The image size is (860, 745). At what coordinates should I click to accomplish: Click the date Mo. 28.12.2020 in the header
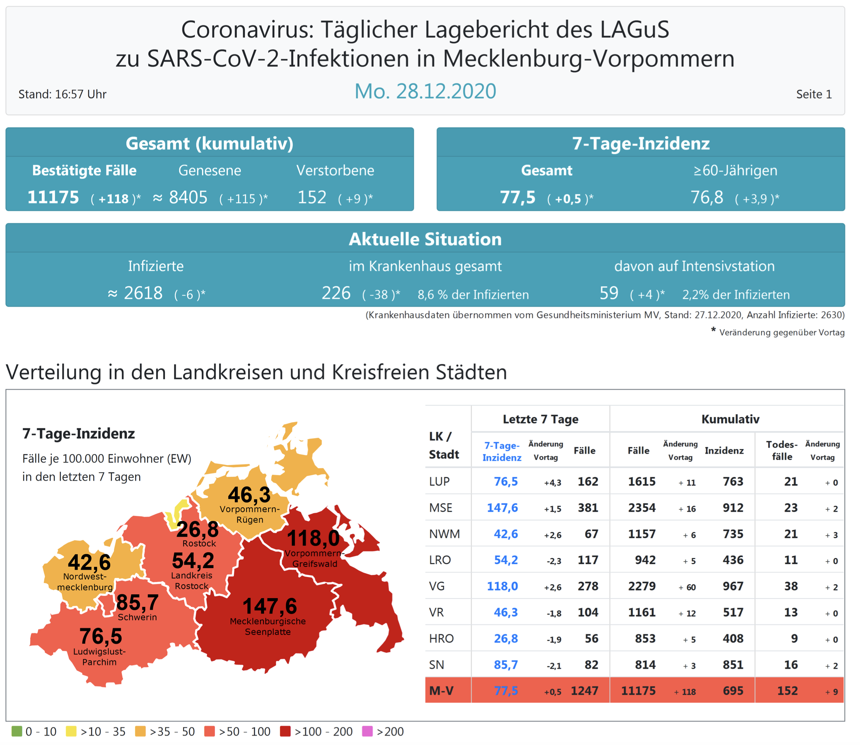tap(425, 91)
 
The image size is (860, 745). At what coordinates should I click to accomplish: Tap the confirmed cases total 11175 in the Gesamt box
tap(53, 197)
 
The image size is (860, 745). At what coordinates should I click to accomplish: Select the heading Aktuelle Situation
tap(425, 240)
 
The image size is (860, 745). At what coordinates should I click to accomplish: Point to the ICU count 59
tap(609, 293)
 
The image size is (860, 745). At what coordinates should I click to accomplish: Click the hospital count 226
tap(336, 293)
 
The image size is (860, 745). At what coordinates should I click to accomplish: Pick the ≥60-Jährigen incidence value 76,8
tap(707, 197)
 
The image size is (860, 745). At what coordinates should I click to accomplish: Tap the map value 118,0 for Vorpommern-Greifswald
tap(313, 538)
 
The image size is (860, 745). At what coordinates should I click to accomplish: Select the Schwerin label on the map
tap(137, 617)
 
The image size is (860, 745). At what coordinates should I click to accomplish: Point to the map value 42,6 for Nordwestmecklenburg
tap(89, 563)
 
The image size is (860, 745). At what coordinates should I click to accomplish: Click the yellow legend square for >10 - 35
tap(71, 731)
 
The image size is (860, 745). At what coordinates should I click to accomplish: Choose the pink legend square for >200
tap(367, 731)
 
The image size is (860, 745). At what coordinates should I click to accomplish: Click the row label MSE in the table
tap(440, 508)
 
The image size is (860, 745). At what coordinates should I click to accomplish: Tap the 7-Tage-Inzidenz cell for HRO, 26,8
tap(505, 639)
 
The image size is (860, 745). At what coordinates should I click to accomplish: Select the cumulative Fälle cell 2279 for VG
tap(642, 586)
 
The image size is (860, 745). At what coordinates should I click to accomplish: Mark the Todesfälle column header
tap(782, 450)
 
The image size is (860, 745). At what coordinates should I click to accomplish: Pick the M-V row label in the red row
tap(442, 691)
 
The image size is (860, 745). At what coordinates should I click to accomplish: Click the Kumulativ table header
tap(730, 419)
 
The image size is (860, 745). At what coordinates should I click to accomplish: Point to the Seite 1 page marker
tap(814, 94)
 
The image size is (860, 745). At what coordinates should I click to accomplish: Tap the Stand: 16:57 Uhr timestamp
tap(62, 94)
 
